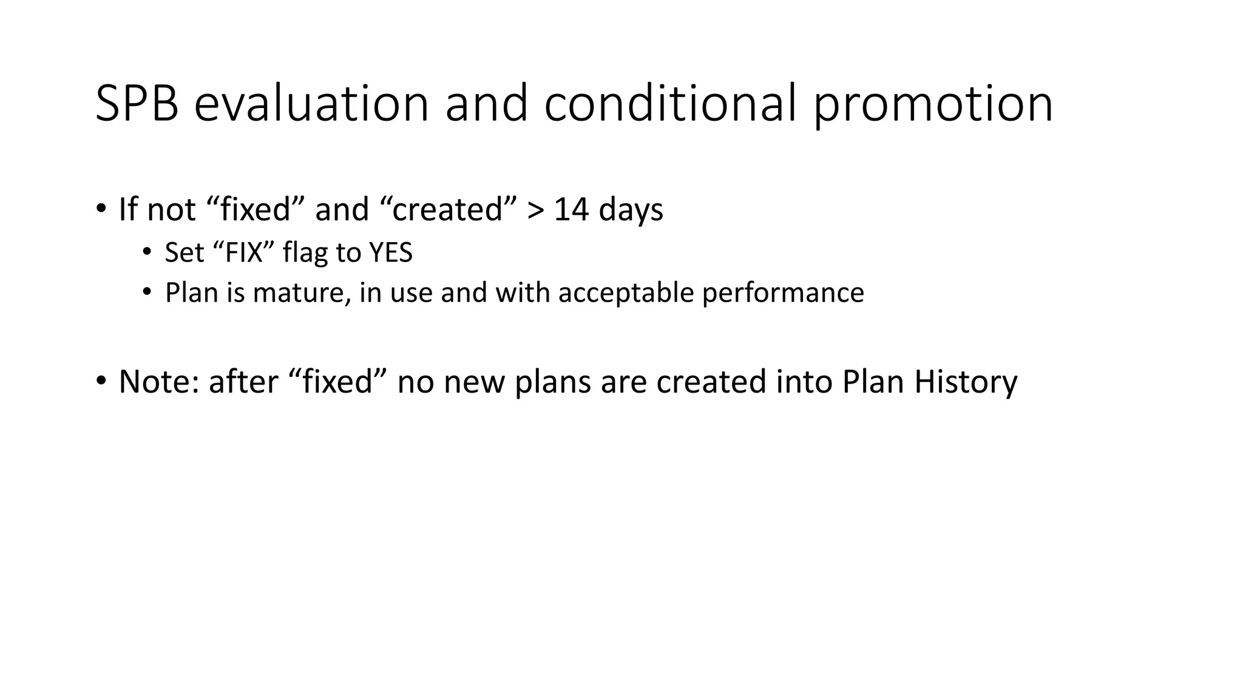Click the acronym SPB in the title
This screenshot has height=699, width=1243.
click(137, 104)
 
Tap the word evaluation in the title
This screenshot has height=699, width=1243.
click(311, 104)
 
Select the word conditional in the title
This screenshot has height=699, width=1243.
click(669, 104)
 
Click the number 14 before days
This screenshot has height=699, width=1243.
click(571, 209)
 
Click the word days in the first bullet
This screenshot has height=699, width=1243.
click(631, 211)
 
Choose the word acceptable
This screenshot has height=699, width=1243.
click(626, 293)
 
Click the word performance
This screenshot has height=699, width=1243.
click(783, 293)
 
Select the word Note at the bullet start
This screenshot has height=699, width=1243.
click(158, 382)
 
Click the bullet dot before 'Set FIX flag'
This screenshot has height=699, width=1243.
click(146, 252)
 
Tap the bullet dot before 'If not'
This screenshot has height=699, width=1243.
click(101, 209)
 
